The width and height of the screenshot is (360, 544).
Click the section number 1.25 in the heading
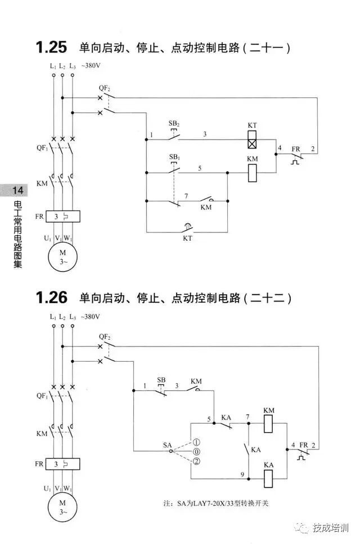click(x=51, y=47)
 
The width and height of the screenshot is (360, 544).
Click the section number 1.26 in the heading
click(x=51, y=297)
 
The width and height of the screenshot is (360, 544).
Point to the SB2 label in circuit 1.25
click(x=174, y=123)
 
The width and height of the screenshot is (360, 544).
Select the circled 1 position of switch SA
click(x=196, y=442)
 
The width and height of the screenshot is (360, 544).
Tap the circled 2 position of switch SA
click(x=196, y=461)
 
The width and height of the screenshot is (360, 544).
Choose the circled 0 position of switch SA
click(x=196, y=452)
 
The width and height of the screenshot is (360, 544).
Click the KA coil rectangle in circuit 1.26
click(x=268, y=477)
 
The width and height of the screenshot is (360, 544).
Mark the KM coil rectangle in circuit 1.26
click(x=268, y=424)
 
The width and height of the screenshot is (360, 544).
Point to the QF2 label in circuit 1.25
click(x=105, y=88)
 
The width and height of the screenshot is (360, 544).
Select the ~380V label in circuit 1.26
click(x=91, y=317)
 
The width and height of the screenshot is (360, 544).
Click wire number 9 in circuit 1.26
click(x=242, y=474)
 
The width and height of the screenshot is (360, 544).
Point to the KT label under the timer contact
click(x=187, y=239)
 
